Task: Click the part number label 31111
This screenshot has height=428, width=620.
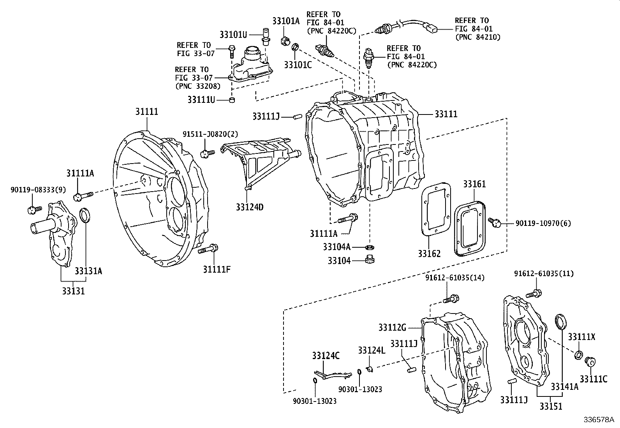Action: [x=147, y=111]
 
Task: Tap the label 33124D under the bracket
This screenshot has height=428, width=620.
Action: [x=249, y=207]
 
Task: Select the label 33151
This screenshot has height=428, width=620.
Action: [x=551, y=406]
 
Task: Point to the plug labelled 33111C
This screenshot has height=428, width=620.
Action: [x=590, y=361]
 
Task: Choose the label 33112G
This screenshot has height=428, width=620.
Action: [x=392, y=328]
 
